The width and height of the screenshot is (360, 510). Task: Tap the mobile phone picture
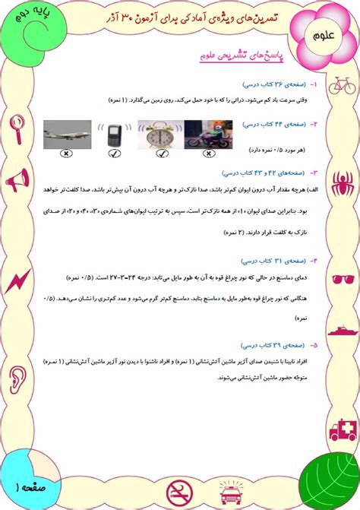click(x=114, y=135)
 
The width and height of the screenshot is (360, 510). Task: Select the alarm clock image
click(x=161, y=135)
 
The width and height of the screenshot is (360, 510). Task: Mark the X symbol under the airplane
click(x=67, y=153)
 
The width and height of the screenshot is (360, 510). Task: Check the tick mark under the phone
click(x=114, y=153)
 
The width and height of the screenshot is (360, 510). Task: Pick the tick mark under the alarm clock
click(x=161, y=153)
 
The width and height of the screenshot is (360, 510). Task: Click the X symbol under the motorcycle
click(x=207, y=153)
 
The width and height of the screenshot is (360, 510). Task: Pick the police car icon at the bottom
click(x=226, y=494)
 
